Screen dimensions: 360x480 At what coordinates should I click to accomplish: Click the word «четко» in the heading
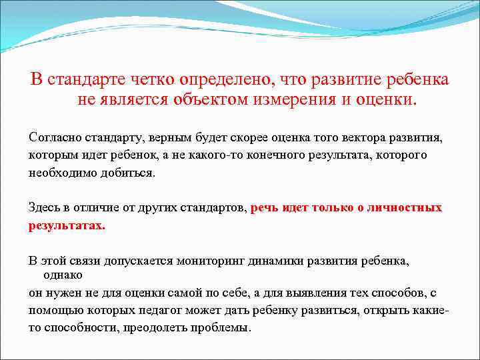150,80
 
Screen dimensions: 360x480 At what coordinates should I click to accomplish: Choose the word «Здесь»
44,207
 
